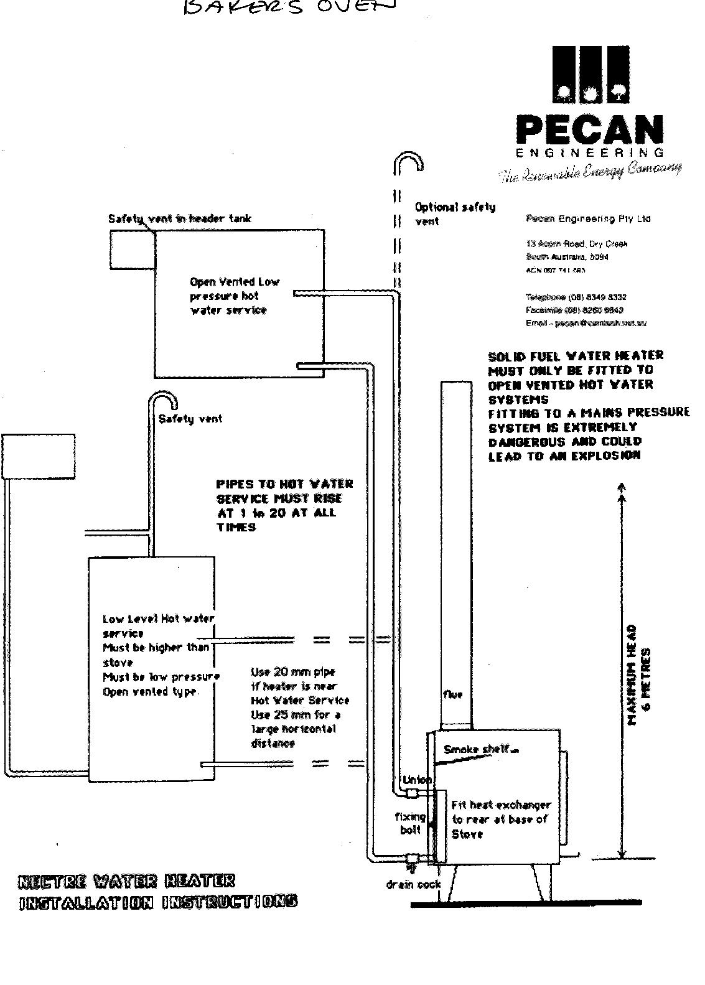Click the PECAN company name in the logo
[589, 130]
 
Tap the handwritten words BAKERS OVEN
[288, 7]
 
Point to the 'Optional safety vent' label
[455, 213]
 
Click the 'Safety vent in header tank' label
[180, 218]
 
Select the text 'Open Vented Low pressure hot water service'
[234, 296]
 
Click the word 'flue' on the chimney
[453, 694]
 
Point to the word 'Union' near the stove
[416, 780]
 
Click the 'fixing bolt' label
[410, 823]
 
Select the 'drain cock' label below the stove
[413, 884]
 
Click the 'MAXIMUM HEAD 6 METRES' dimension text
[639, 675]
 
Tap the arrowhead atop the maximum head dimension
[621, 488]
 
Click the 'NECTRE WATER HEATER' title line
[128, 881]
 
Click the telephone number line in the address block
[576, 297]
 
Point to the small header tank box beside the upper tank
[132, 250]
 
